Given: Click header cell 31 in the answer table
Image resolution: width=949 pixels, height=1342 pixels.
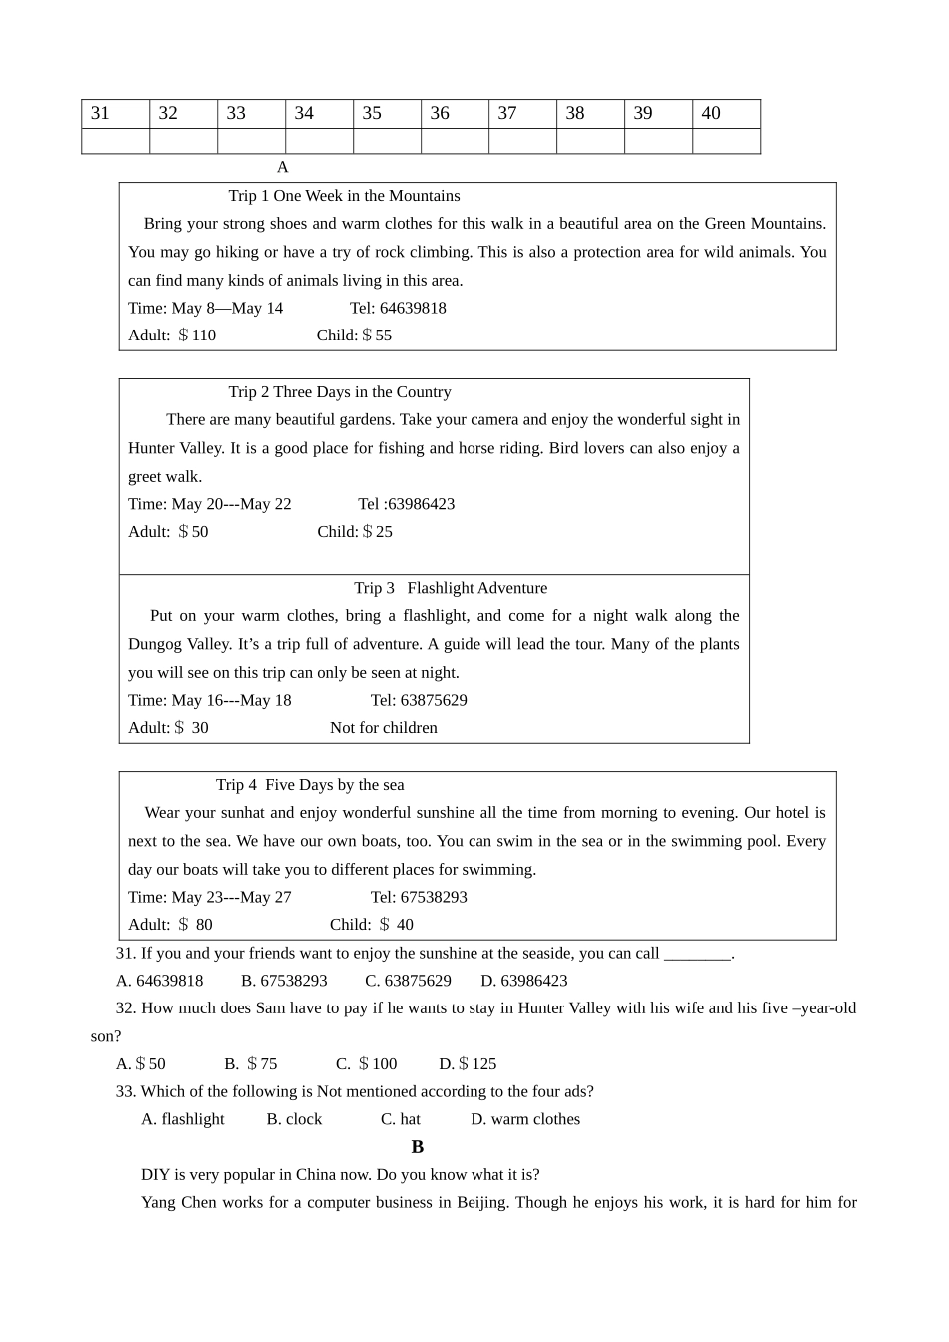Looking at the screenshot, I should click(115, 114).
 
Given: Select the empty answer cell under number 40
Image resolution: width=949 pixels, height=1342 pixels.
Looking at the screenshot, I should click(726, 141).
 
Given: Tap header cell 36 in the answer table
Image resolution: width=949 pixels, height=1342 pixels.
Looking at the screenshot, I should click(455, 114).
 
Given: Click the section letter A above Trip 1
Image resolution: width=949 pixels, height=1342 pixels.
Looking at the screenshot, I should click(282, 167).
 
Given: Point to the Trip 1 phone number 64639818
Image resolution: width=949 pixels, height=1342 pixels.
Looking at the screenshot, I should click(413, 308).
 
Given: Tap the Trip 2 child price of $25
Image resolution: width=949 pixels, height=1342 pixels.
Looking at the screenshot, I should click(377, 532).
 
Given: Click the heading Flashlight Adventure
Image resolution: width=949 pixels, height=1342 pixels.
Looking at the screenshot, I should click(476, 588).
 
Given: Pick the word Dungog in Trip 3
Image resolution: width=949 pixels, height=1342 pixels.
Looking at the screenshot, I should click(155, 644).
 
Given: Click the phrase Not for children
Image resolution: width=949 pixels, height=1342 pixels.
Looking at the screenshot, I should click(384, 728).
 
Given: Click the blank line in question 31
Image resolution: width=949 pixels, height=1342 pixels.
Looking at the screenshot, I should click(697, 954).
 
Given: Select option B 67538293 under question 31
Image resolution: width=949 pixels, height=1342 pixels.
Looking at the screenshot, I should click(284, 981).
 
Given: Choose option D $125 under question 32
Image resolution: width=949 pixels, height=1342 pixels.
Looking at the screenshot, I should click(468, 1064).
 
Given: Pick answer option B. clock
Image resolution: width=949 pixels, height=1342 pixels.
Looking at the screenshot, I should click(294, 1119).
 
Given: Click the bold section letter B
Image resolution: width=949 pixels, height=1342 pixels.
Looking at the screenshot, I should click(418, 1147).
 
